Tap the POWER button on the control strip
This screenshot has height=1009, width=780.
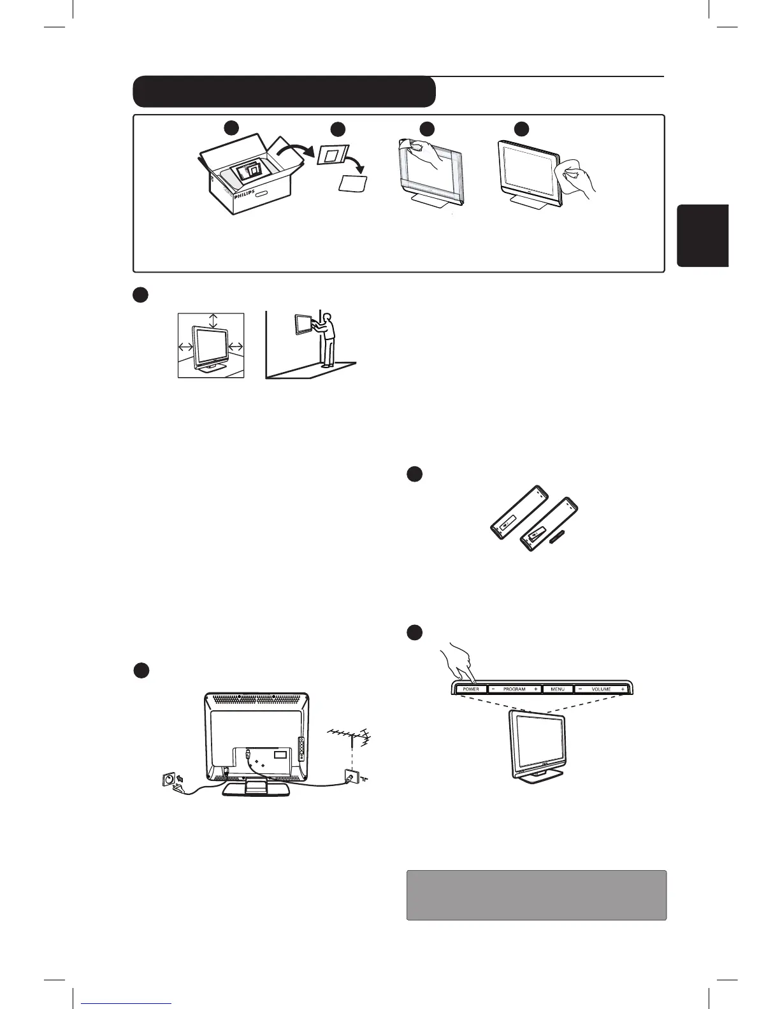click(x=471, y=689)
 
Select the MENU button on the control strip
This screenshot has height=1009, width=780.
click(x=557, y=689)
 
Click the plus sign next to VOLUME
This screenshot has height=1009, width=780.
click(x=623, y=689)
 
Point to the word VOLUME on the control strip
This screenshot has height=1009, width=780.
click(x=601, y=689)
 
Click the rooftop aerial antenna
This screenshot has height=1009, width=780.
click(x=349, y=739)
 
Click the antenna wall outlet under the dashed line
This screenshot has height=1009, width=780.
click(x=348, y=778)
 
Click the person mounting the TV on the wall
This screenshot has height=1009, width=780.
click(x=328, y=338)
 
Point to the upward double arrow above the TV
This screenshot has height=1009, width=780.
click(x=213, y=320)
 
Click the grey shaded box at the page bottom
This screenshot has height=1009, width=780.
click(x=536, y=895)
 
